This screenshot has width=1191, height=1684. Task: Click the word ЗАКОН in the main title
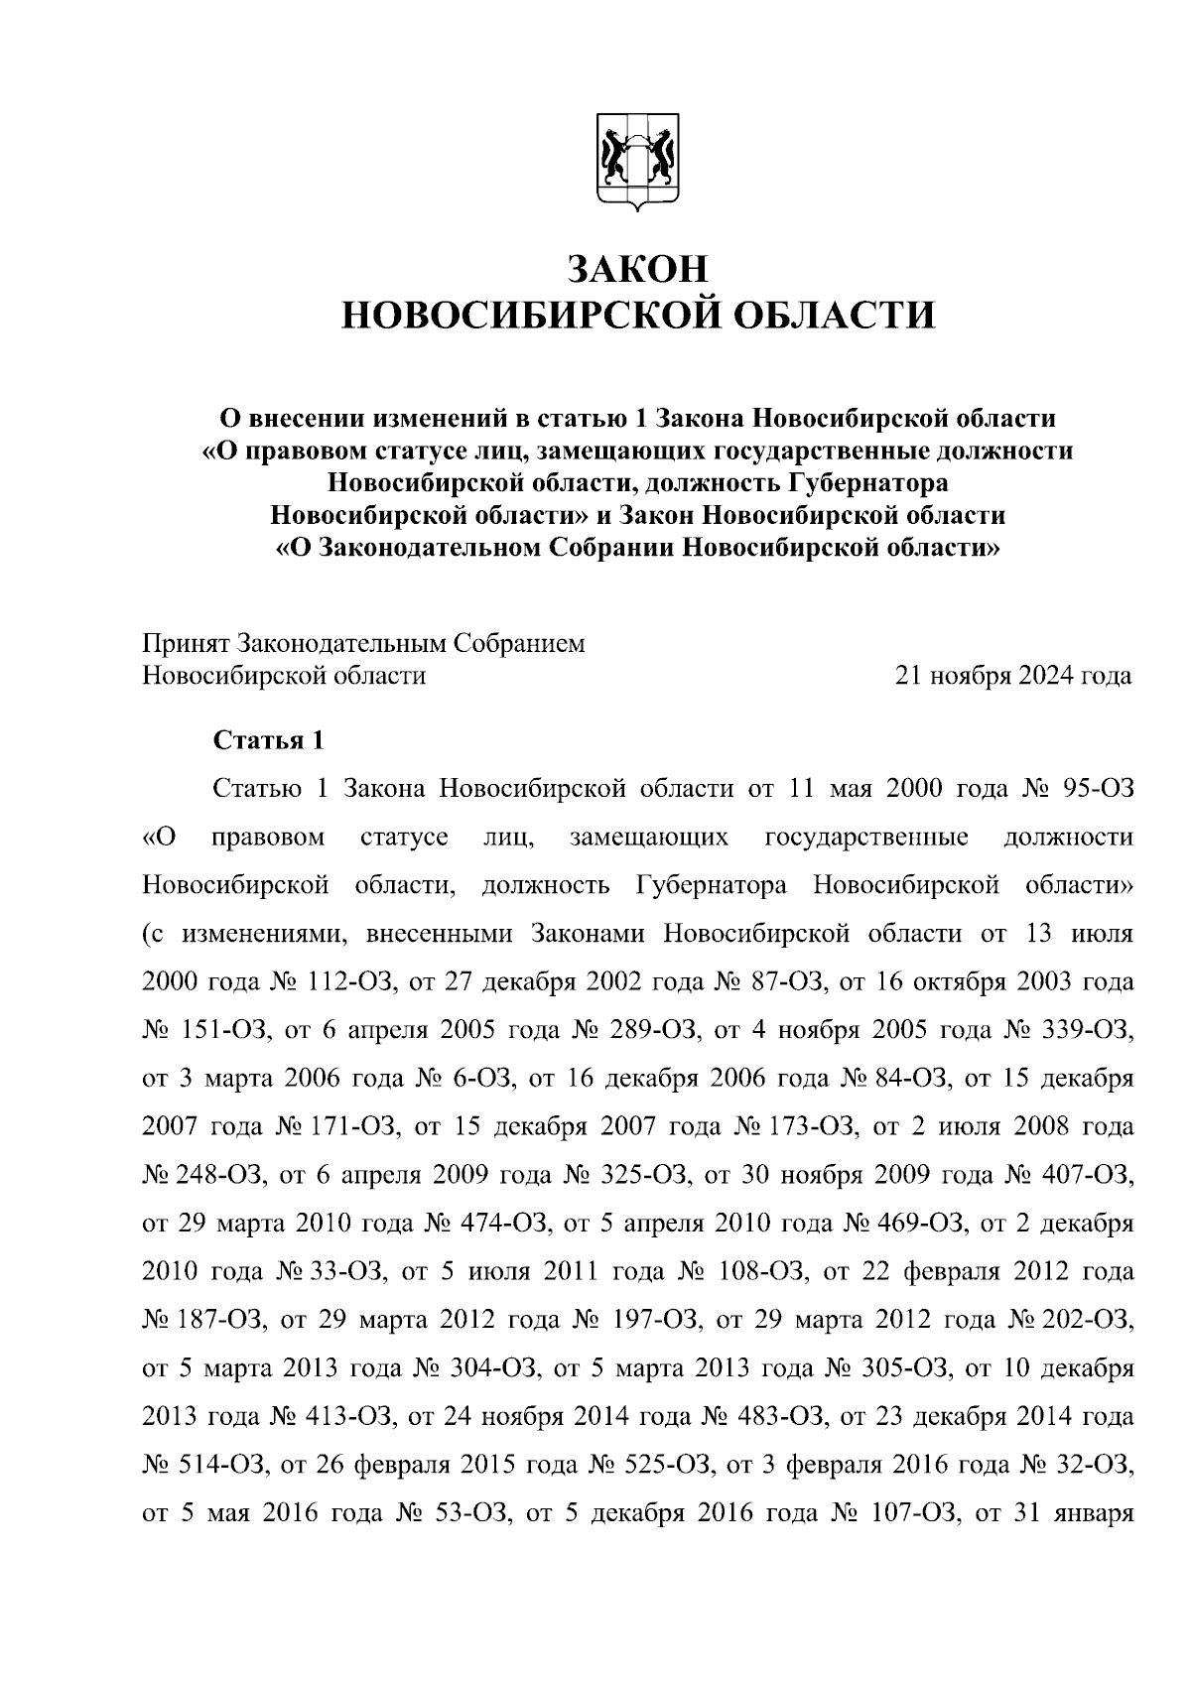[638, 269]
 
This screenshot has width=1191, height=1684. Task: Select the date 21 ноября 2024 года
[1012, 676]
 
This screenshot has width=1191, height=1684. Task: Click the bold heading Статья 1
[268, 740]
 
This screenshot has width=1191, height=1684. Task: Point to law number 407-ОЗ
[1091, 1175]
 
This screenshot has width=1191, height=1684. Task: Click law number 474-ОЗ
[503, 1224]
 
